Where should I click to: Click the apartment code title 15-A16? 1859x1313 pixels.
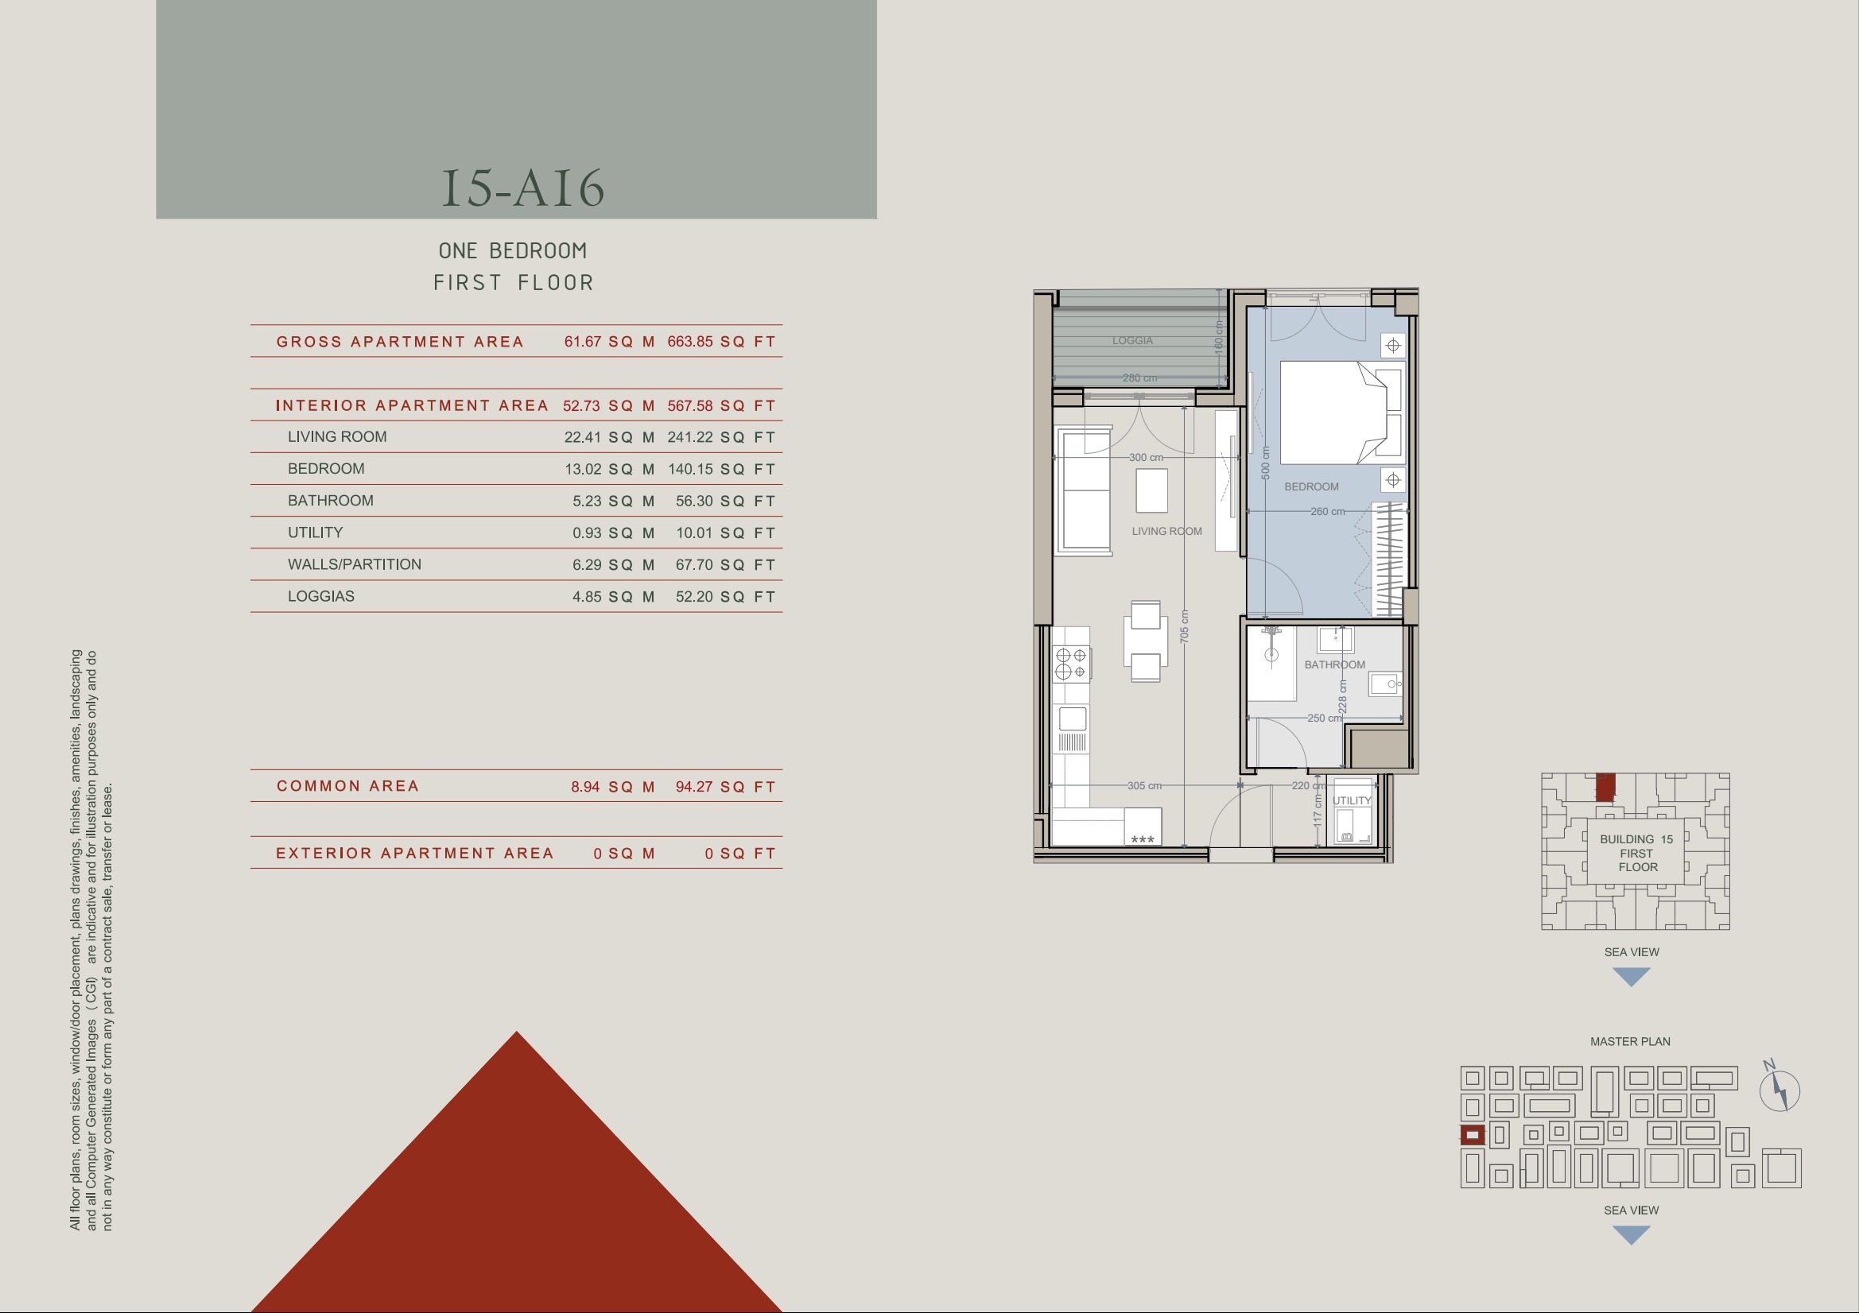click(x=523, y=188)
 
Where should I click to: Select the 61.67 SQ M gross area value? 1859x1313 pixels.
click(x=609, y=342)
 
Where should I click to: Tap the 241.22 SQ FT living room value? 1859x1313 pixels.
click(x=721, y=437)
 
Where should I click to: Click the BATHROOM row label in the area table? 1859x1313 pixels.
click(x=330, y=500)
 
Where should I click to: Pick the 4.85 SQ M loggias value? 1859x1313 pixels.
click(x=613, y=597)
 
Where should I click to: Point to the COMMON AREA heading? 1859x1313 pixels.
click(x=347, y=786)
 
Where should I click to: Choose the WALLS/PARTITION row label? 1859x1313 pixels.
click(x=354, y=564)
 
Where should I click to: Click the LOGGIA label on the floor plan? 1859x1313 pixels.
click(x=1132, y=341)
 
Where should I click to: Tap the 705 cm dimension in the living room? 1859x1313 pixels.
click(x=1185, y=626)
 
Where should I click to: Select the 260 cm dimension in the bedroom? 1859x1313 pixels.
click(x=1327, y=512)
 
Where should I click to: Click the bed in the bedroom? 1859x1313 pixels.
click(x=1341, y=412)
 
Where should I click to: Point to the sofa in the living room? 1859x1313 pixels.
click(x=1083, y=491)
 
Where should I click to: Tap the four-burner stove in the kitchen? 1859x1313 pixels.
click(x=1071, y=664)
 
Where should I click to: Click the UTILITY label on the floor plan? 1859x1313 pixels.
click(x=1352, y=800)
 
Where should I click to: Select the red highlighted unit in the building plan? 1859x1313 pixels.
click(x=1605, y=787)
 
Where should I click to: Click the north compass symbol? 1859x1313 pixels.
click(x=1779, y=1089)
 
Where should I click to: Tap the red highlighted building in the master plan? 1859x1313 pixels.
click(x=1473, y=1135)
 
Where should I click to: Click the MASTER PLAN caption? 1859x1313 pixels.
click(x=1630, y=1042)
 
